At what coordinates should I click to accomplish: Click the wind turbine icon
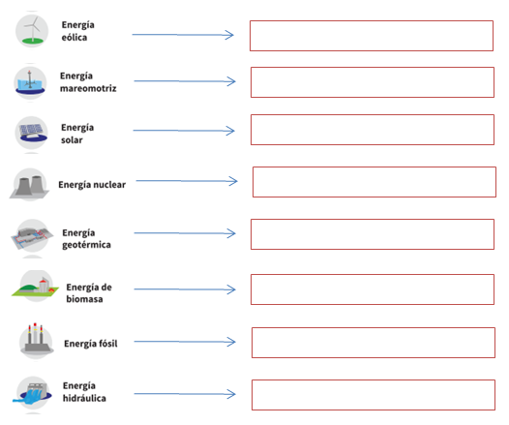point(32,31)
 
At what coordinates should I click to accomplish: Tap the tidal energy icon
point(30,83)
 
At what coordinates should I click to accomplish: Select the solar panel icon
point(31,133)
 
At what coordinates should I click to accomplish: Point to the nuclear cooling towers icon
point(30,184)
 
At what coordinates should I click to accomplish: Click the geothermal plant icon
point(32,235)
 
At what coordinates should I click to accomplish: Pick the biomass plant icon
point(36,286)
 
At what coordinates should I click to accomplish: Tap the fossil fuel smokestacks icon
point(36,340)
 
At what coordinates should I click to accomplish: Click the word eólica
point(75,38)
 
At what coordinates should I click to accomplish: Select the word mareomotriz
point(88,88)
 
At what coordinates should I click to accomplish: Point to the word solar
point(72,140)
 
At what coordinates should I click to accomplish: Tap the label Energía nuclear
point(92,184)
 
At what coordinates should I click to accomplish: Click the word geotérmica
point(86,245)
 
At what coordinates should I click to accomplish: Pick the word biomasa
point(84,299)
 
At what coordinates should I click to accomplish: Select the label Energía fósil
point(91,343)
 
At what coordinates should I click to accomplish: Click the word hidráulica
point(84,398)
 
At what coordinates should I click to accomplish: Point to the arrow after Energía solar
point(184,131)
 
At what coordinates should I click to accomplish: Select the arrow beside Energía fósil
point(185,342)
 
